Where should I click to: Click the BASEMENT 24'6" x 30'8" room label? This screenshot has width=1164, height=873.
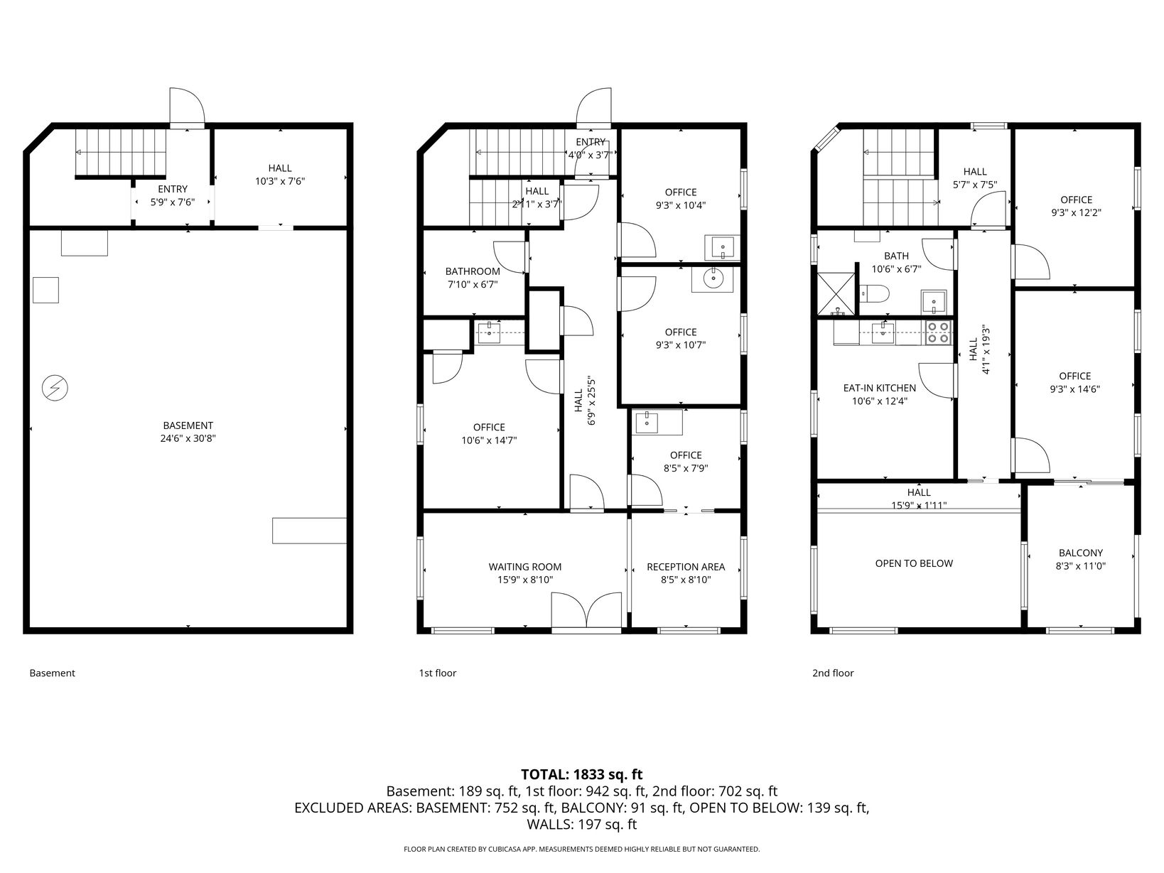coord(188,431)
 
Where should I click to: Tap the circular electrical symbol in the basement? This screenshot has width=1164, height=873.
coord(55,388)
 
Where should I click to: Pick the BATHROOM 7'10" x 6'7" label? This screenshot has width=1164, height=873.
coord(473,278)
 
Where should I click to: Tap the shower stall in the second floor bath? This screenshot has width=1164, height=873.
coord(836,293)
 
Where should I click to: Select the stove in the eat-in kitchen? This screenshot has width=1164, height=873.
coord(939,333)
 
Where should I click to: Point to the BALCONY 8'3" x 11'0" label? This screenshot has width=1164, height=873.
coord(1081,559)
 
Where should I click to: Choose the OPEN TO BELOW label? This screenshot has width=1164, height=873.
coord(915,563)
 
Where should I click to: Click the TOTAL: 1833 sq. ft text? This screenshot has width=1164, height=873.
coord(582,774)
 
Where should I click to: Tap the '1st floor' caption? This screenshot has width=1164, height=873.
coord(438,673)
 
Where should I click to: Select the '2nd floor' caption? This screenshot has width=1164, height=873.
coord(833,673)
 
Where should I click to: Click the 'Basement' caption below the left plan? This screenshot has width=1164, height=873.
coord(52,673)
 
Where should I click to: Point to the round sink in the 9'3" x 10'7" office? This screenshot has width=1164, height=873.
coord(713,277)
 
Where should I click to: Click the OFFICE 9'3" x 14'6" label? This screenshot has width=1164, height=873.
coord(1075,382)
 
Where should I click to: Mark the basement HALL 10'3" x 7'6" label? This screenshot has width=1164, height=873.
coord(280,175)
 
